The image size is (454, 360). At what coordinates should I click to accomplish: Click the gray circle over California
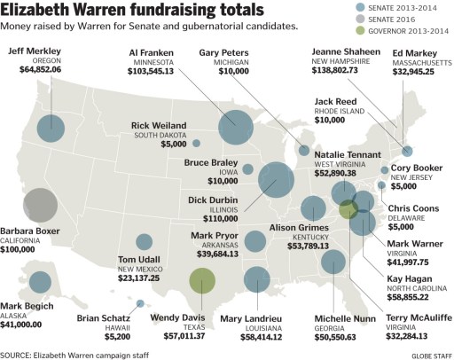coord(41,206)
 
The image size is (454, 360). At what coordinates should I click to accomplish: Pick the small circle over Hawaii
coord(140,303)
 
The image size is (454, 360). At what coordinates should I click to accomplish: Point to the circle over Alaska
coord(40,282)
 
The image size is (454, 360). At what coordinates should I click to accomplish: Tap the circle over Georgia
coord(333,261)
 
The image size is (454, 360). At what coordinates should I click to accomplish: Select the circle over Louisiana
coord(256,279)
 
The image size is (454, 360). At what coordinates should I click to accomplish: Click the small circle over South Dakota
coord(197,143)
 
